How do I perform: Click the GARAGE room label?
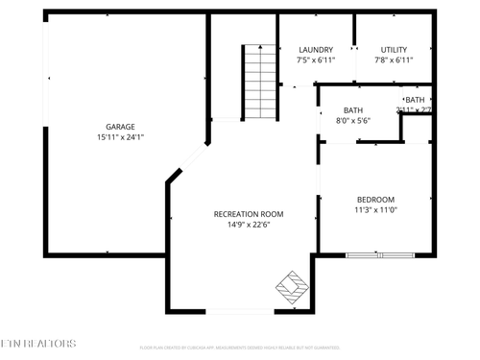coord(120,126)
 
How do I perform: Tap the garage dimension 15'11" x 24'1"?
coord(120,136)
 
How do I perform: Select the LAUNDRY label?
coord(316,50)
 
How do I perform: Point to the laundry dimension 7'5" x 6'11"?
coord(316,60)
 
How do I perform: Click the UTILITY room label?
coord(394,50)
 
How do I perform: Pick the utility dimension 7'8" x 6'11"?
coord(394,60)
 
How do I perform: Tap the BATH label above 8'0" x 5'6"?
coord(353,110)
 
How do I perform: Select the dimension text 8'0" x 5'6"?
coord(353,121)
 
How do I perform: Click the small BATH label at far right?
coord(415,100)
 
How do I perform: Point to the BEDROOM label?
coord(375,200)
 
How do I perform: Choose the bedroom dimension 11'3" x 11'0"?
coord(375,210)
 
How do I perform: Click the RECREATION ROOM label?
coord(249,214)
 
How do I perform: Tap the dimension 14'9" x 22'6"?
coord(249,226)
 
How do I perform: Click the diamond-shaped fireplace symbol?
coord(292,287)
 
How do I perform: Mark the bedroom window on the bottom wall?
coord(381,254)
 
